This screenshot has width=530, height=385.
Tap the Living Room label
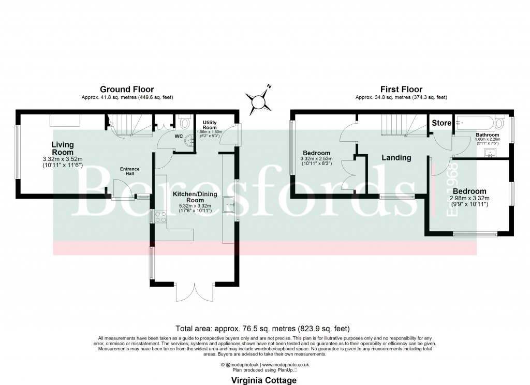(x=63, y=149)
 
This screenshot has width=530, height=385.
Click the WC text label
(x=179, y=137)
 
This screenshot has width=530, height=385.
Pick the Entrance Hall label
(x=130, y=170)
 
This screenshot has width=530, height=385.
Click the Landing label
(x=396, y=157)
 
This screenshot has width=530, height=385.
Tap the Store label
(x=442, y=123)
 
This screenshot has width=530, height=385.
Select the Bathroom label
(x=487, y=135)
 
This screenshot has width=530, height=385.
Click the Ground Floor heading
(x=127, y=90)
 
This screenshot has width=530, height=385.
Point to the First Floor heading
(x=401, y=90)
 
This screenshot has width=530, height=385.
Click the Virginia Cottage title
(x=264, y=380)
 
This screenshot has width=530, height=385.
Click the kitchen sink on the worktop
(x=229, y=205)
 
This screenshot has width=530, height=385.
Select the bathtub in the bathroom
(x=473, y=123)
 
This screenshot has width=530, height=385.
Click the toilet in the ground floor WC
(x=185, y=121)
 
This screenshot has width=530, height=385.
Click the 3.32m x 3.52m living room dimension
(x=63, y=159)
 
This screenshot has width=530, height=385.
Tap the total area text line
(x=263, y=328)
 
